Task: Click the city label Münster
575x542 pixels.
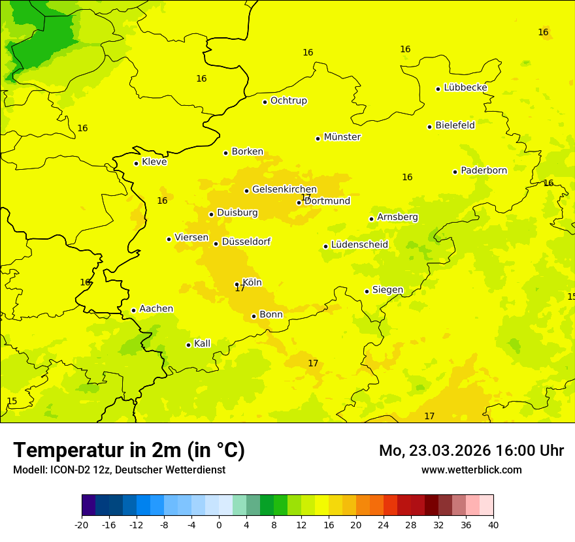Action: pyautogui.click(x=342, y=137)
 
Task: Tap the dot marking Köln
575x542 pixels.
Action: pyautogui.click(x=237, y=284)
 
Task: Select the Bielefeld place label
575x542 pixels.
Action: pyautogui.click(x=455, y=125)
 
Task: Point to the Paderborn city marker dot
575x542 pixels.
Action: pyautogui.click(x=455, y=172)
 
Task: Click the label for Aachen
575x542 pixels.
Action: pyautogui.click(x=156, y=309)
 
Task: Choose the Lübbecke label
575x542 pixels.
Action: pyautogui.click(x=465, y=88)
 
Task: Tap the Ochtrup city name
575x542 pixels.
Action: pyautogui.click(x=288, y=101)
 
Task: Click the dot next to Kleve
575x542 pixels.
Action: pyautogui.click(x=136, y=163)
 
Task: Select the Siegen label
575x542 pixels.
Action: pyautogui.click(x=387, y=290)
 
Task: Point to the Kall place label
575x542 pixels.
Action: pyautogui.click(x=202, y=343)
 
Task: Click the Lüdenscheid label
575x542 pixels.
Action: pyautogui.click(x=359, y=245)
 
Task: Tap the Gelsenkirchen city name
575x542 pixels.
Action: pyautogui.click(x=284, y=189)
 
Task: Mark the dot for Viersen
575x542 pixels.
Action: pyautogui.click(x=169, y=239)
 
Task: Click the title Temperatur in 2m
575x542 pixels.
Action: pyautogui.click(x=129, y=450)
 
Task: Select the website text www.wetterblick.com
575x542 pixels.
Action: pyautogui.click(x=471, y=470)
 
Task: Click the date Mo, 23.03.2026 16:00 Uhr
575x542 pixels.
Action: pyautogui.click(x=471, y=451)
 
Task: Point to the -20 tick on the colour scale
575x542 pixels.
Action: pyautogui.click(x=82, y=525)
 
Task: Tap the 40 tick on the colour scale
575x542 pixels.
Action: pyautogui.click(x=493, y=525)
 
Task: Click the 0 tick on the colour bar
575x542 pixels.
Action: pyautogui.click(x=219, y=525)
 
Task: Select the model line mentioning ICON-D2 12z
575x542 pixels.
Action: pyautogui.click(x=119, y=470)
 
